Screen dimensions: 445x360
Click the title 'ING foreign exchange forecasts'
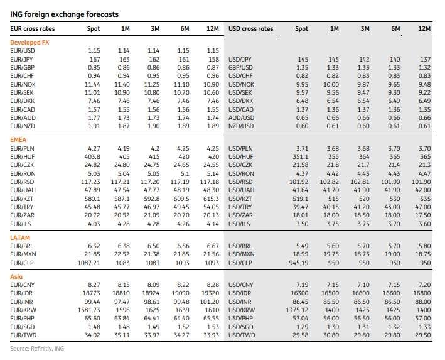[64, 14]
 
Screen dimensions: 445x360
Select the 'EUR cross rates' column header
[33, 29]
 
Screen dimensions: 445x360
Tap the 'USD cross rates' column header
[250, 29]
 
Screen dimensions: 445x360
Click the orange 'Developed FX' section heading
[29, 42]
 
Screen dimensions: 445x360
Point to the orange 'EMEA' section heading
[18, 140]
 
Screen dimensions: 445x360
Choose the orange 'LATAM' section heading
[20, 237]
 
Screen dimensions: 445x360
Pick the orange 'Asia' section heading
[16, 276]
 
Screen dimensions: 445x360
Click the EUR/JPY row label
[21, 60]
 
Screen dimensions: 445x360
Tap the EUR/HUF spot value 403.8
[92, 156]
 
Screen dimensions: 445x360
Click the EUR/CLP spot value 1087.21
[89, 263]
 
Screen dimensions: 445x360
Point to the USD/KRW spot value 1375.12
[297, 310]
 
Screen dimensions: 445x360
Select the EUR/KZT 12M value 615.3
[211, 199]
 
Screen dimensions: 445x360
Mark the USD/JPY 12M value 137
[426, 60]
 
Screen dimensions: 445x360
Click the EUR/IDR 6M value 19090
[180, 293]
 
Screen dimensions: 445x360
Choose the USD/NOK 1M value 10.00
[331, 84]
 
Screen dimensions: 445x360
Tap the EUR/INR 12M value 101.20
[210, 302]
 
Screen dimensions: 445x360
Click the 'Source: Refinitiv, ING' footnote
[37, 348]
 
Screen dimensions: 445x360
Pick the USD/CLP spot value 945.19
[299, 263]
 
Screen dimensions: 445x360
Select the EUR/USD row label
[23, 51]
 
